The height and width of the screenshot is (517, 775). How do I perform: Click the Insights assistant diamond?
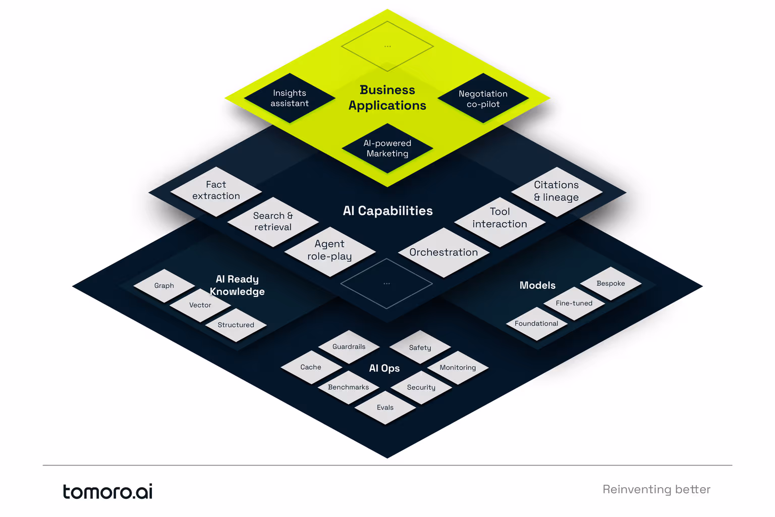click(x=290, y=98)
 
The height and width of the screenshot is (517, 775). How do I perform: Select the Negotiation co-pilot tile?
click(x=483, y=98)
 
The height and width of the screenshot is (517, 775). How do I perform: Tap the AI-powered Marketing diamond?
click(x=387, y=148)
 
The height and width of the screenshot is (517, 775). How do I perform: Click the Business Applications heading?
click(x=387, y=97)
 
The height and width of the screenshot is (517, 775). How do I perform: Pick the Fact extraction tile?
click(x=216, y=191)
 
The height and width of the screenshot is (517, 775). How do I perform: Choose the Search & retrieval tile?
click(x=273, y=222)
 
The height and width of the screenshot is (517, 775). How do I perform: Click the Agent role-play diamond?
click(x=330, y=250)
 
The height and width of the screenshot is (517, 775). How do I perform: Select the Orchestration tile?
click(x=444, y=252)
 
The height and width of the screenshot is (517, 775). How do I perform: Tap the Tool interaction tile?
click(x=500, y=218)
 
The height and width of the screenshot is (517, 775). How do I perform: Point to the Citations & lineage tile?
click(x=557, y=191)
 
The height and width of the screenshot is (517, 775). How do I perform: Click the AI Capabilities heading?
click(x=387, y=211)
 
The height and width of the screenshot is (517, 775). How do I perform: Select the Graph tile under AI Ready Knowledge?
click(x=164, y=286)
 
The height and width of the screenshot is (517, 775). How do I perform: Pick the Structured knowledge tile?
click(x=236, y=325)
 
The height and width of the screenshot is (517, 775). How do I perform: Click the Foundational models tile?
click(x=536, y=324)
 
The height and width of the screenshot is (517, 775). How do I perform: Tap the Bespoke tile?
click(x=611, y=283)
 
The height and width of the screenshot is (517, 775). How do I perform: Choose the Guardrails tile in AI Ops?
click(x=349, y=347)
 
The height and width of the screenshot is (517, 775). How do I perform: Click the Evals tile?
click(x=385, y=407)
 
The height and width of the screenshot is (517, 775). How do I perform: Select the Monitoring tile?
click(x=458, y=368)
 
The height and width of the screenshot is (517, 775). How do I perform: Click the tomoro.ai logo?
click(x=107, y=491)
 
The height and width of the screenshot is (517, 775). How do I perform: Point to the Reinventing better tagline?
click(x=656, y=489)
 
